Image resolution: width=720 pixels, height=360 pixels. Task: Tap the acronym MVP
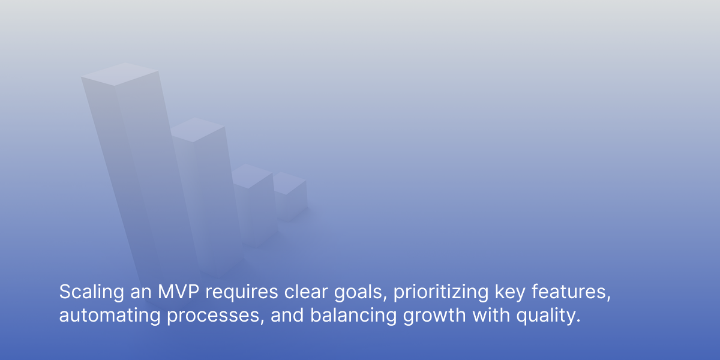pyautogui.click(x=178, y=292)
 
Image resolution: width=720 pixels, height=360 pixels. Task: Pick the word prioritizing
pyautogui.click(x=441, y=293)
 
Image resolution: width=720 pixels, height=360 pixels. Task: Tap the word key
pyautogui.click(x=510, y=293)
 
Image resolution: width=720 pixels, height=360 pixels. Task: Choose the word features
pyautogui.click(x=571, y=292)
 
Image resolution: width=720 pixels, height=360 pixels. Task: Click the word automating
pyautogui.click(x=110, y=316)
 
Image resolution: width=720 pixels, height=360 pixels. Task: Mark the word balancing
pyautogui.click(x=353, y=316)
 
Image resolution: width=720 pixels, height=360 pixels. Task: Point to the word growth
pyautogui.click(x=434, y=316)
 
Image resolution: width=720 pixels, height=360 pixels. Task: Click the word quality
pyautogui.click(x=548, y=316)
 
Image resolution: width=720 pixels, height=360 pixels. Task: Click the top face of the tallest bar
pyautogui.click(x=119, y=74)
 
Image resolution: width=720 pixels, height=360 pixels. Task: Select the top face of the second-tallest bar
pyautogui.click(x=197, y=130)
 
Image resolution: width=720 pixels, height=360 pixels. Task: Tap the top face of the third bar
pyautogui.click(x=252, y=176)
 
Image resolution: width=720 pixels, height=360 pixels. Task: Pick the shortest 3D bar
pyautogui.click(x=290, y=196)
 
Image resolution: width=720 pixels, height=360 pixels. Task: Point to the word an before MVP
pyautogui.click(x=141, y=293)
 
